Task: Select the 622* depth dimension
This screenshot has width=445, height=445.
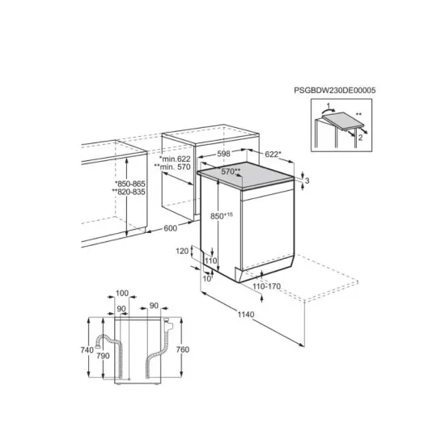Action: pyautogui.click(x=273, y=155)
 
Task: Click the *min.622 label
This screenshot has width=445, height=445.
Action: pyautogui.click(x=176, y=159)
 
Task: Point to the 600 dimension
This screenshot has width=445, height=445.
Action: pyautogui.click(x=170, y=229)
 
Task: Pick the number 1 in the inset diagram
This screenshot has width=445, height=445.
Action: pyautogui.click(x=329, y=106)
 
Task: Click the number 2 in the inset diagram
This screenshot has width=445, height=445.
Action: pyautogui.click(x=361, y=138)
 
